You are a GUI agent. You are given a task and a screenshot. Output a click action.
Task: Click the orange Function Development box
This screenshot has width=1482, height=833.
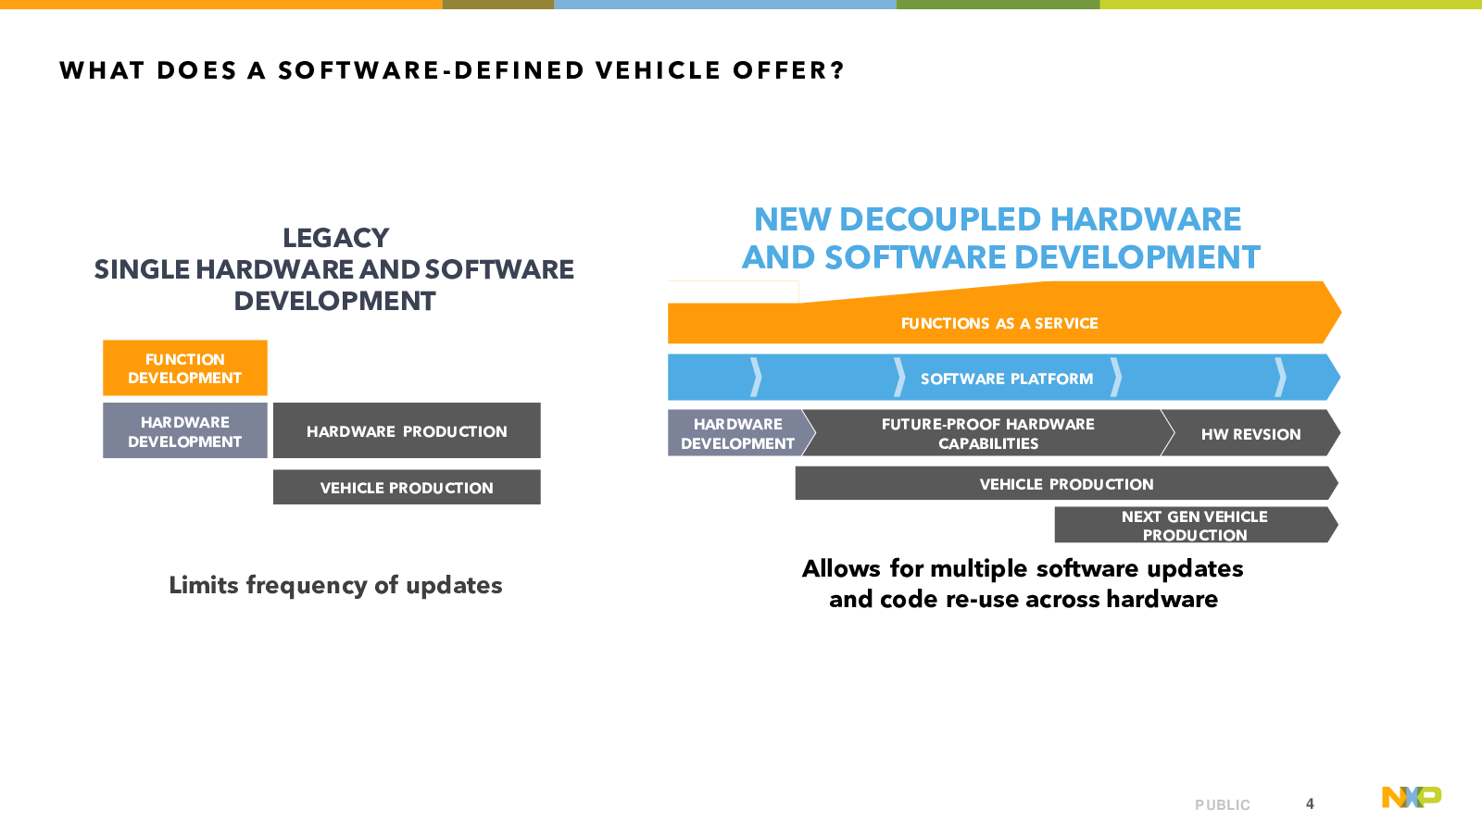click(185, 368)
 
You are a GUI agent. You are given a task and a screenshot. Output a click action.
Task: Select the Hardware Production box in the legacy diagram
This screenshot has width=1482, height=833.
click(407, 430)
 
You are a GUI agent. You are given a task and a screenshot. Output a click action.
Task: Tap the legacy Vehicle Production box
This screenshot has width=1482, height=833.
click(407, 487)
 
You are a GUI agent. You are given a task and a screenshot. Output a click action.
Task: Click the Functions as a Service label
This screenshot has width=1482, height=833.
click(999, 323)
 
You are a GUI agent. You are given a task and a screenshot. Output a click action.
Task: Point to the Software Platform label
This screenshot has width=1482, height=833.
click(1007, 379)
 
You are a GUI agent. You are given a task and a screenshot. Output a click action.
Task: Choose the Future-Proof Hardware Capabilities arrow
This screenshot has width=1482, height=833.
click(988, 433)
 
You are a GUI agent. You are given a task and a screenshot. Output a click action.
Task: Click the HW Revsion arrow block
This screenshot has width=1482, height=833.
click(1251, 433)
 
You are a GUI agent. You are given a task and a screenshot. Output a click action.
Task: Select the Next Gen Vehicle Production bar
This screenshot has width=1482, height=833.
click(1196, 525)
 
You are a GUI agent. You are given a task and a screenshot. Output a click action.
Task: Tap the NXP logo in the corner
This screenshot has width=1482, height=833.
click(1412, 797)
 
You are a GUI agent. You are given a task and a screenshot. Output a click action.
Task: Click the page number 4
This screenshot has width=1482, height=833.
click(1310, 804)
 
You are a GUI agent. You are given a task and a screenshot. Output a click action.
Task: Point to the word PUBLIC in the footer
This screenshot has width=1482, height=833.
click(1223, 805)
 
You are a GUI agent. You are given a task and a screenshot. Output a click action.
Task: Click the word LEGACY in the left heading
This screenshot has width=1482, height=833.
click(336, 238)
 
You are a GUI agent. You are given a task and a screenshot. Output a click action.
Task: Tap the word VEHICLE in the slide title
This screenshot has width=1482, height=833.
click(658, 70)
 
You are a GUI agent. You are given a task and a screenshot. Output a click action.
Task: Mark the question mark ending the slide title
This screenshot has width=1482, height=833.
click(838, 70)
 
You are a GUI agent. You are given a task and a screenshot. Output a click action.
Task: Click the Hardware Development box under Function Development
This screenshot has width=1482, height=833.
click(185, 430)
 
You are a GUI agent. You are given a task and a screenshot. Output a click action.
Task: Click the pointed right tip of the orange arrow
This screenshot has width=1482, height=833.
click(1341, 312)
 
